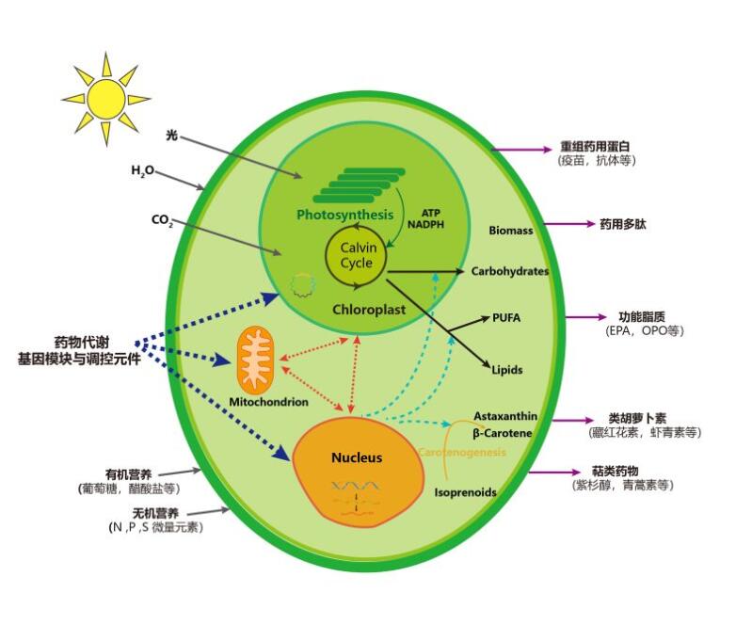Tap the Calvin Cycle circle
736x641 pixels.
click(x=357, y=255)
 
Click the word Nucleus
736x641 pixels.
click(x=357, y=457)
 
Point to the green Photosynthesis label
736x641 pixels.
click(x=344, y=215)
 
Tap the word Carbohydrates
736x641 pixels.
click(x=509, y=271)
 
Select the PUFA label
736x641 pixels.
click(x=505, y=318)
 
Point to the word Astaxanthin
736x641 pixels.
click(x=505, y=416)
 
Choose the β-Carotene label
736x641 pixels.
click(x=503, y=433)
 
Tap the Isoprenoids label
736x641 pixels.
click(x=465, y=492)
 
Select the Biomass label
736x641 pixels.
click(x=511, y=231)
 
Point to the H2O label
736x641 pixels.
click(x=143, y=170)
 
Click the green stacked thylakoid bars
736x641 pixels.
click(x=346, y=184)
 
